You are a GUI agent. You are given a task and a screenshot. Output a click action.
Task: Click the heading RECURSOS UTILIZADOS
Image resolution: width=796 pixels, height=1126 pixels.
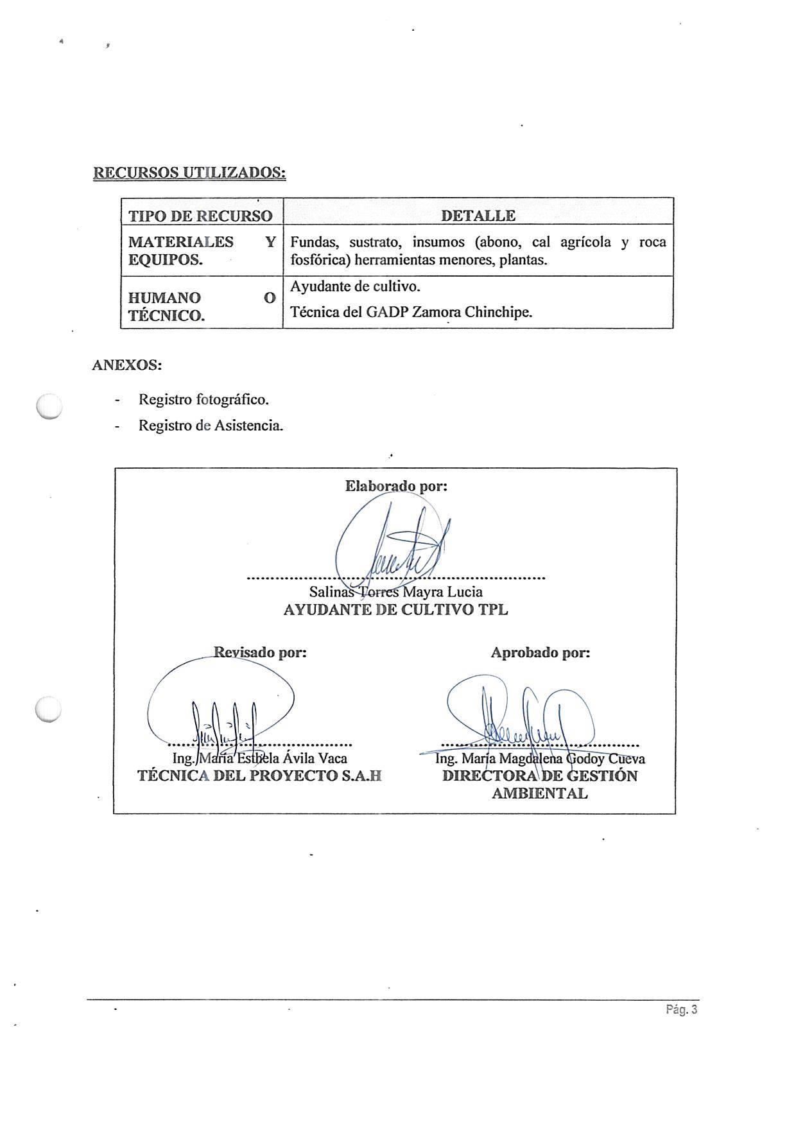(x=189, y=173)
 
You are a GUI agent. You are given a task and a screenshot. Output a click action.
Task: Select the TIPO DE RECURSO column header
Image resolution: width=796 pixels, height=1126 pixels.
(x=200, y=216)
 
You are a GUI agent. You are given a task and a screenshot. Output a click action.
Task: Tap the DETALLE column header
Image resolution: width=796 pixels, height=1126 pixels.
(x=478, y=216)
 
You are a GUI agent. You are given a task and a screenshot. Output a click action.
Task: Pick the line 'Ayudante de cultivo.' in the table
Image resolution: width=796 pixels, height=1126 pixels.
(x=355, y=286)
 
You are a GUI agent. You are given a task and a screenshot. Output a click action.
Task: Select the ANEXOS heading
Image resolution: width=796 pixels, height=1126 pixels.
(x=126, y=365)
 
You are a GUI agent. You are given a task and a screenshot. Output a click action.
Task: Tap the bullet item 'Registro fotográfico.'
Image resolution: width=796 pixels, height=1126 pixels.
(x=203, y=399)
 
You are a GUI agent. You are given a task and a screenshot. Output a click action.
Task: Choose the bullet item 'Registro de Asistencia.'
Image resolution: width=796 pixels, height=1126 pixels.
(x=211, y=425)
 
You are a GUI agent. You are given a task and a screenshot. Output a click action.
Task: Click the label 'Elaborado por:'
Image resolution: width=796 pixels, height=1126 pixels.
(x=396, y=486)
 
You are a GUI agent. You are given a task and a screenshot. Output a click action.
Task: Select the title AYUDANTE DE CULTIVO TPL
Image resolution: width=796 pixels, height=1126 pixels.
(x=395, y=610)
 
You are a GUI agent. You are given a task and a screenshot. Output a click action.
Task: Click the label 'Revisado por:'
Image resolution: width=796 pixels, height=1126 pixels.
(x=260, y=652)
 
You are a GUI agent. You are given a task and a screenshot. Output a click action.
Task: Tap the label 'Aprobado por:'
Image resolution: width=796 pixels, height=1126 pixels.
(x=540, y=653)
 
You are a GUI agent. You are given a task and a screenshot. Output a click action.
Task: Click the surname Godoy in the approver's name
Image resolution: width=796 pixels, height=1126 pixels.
(x=585, y=759)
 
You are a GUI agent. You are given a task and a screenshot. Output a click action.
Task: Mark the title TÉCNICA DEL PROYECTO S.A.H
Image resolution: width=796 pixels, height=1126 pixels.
(x=259, y=775)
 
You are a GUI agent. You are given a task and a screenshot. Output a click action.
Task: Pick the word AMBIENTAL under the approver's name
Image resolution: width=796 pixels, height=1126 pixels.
(x=539, y=793)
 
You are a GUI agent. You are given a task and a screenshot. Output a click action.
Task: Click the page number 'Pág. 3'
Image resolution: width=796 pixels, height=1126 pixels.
(x=681, y=1010)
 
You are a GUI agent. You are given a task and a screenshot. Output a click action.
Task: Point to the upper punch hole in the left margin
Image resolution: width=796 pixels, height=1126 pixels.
(x=49, y=406)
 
